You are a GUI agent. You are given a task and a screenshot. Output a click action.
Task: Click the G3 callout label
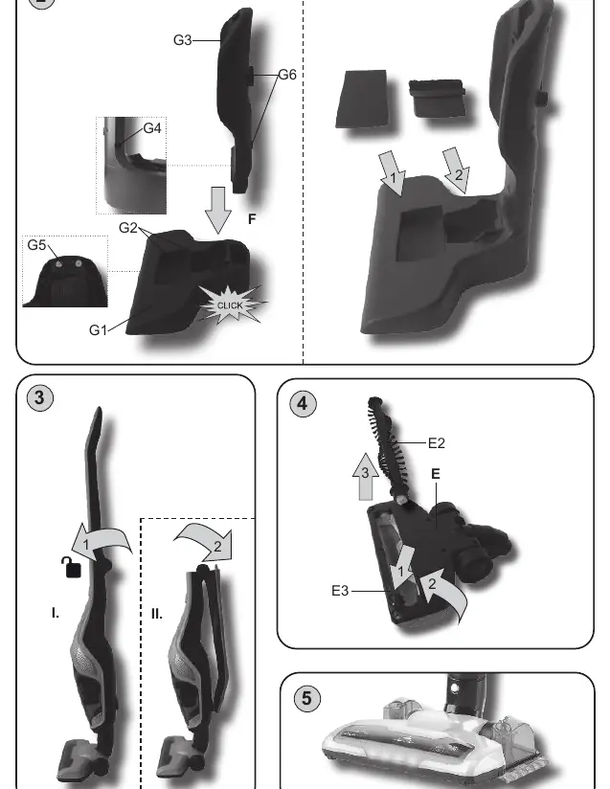182,40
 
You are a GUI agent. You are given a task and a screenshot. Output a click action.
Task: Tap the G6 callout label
287,75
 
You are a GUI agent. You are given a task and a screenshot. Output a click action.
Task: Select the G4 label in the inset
152,128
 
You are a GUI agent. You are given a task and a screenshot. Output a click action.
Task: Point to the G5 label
36,245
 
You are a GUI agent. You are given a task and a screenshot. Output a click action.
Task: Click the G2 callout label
127,228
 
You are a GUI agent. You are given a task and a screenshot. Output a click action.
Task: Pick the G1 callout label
98,330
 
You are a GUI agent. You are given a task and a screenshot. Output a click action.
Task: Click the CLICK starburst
230,304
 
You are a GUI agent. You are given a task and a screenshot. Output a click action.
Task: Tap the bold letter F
252,219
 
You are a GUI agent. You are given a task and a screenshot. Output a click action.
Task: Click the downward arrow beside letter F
218,211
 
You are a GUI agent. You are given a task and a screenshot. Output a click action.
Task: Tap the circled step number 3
40,398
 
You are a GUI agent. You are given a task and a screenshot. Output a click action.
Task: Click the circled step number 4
303,403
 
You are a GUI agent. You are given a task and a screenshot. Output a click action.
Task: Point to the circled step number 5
306,698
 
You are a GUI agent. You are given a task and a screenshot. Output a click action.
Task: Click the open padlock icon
72,568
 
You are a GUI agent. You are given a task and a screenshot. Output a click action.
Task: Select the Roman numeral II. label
156,614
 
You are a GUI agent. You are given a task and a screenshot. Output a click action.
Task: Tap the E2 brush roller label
437,443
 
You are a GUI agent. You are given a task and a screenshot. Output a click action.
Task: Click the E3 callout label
340,591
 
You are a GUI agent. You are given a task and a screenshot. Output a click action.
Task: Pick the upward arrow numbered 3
366,477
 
